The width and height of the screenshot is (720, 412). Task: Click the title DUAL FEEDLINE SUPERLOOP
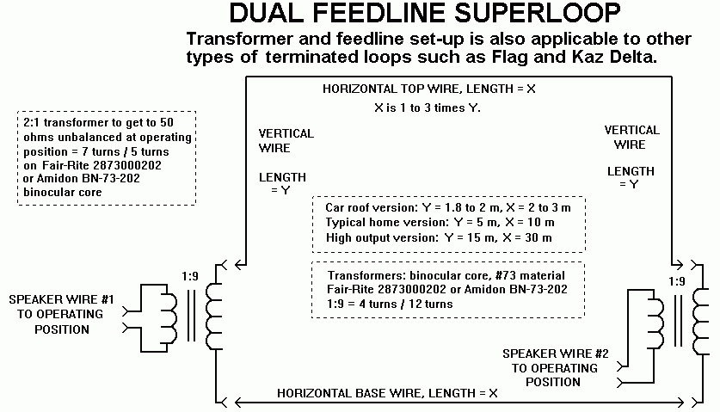click(425, 13)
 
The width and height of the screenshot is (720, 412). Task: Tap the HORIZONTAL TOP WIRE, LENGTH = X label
click(429, 89)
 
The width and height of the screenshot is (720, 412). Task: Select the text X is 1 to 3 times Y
click(427, 108)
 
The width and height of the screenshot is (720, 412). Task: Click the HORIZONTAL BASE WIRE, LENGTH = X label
click(387, 393)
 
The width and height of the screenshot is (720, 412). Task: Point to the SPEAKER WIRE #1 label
click(62, 299)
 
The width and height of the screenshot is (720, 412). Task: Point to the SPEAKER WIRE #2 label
click(555, 354)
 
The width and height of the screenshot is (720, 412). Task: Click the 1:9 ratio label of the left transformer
click(190, 276)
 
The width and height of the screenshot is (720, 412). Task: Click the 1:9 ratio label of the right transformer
click(677, 281)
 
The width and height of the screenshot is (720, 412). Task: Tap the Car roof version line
click(448, 207)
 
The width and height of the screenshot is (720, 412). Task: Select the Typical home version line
click(440, 223)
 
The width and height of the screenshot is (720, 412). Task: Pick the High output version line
click(439, 238)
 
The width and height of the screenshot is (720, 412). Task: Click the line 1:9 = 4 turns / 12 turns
click(390, 304)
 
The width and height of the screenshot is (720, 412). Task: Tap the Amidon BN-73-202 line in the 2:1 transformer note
click(81, 178)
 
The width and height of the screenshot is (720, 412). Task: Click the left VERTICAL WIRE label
click(286, 140)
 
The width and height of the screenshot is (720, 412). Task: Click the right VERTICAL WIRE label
click(631, 138)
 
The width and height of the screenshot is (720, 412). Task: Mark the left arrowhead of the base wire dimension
click(238, 403)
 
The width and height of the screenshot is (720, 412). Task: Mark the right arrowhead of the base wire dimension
click(680, 403)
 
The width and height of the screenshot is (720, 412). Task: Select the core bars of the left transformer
click(191, 315)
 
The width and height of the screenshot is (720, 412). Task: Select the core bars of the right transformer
click(678, 321)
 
